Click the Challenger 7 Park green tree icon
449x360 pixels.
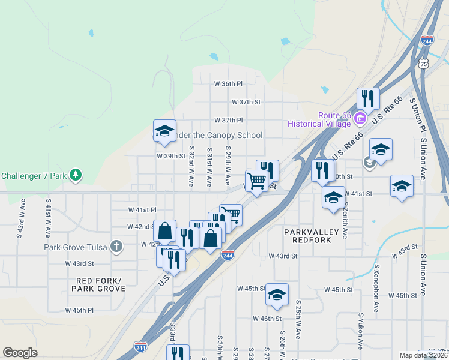[76, 176]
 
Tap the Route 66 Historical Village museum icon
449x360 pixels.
[360, 118]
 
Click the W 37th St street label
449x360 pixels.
[246, 103]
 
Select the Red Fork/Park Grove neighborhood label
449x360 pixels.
[98, 284]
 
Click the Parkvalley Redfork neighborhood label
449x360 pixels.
[312, 235]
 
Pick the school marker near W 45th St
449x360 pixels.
[277, 294]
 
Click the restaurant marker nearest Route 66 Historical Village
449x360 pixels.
[367, 98]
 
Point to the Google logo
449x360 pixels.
[20, 352]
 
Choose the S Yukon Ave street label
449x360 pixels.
[361, 331]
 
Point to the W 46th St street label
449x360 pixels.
[267, 319]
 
